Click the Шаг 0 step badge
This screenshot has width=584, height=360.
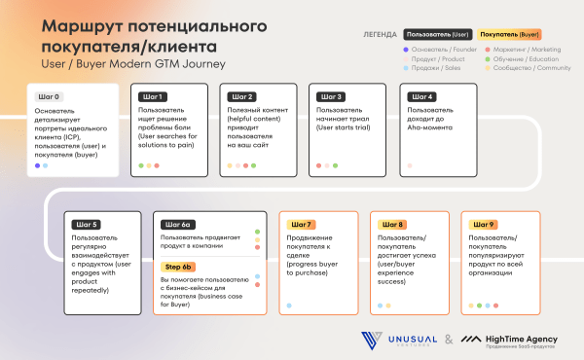click(48, 97)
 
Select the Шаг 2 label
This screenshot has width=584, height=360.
click(242, 97)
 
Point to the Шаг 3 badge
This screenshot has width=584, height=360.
click(333, 97)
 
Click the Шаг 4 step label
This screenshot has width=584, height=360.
click(423, 97)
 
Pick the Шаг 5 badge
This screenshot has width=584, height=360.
click(87, 225)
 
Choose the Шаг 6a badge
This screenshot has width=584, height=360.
click(179, 225)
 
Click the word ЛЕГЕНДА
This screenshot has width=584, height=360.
click(380, 34)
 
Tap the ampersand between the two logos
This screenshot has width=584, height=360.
click(448, 340)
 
